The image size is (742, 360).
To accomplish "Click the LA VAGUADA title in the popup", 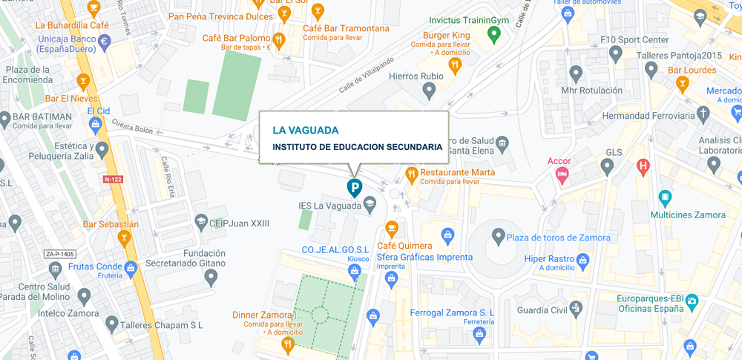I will [305, 130].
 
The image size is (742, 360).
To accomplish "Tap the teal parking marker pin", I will [355, 188].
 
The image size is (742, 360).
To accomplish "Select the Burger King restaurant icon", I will [455, 65].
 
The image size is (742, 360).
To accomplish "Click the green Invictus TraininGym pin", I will [493, 33].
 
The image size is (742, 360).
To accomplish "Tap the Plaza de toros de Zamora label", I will [559, 238].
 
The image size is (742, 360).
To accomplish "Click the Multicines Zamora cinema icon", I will [665, 198].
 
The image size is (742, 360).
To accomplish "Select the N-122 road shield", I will [114, 179].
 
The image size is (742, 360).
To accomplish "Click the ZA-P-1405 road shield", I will [61, 254].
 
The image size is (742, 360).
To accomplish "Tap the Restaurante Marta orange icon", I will [412, 175].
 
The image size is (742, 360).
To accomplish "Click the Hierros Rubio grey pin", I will [428, 91].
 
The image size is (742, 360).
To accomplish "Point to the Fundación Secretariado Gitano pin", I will [211, 278].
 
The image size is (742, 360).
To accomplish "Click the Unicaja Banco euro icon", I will [105, 42].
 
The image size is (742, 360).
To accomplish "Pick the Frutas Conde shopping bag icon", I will [131, 267].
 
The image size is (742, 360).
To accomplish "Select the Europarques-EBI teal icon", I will [692, 301].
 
